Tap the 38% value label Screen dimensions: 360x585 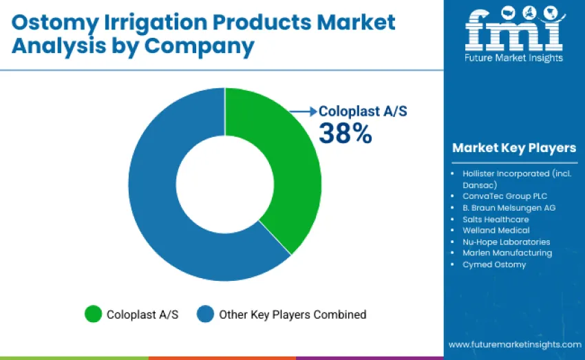(x=345, y=133)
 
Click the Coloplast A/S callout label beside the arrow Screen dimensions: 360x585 (x=363, y=111)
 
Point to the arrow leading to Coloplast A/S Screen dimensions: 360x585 (x=303, y=111)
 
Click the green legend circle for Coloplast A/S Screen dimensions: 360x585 (x=93, y=315)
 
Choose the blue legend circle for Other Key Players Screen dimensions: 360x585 (x=205, y=315)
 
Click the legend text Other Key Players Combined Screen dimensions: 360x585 (x=292, y=315)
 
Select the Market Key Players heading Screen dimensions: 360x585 (x=513, y=148)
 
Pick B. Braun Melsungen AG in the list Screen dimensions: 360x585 (x=509, y=207)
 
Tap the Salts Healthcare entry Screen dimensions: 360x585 (x=496, y=219)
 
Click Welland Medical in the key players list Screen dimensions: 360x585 (x=496, y=230)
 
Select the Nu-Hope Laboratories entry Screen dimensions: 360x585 (x=506, y=242)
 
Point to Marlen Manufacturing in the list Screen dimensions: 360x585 (x=507, y=253)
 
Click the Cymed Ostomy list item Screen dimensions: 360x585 (x=494, y=264)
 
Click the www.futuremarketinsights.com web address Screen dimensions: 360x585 (x=515, y=344)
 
